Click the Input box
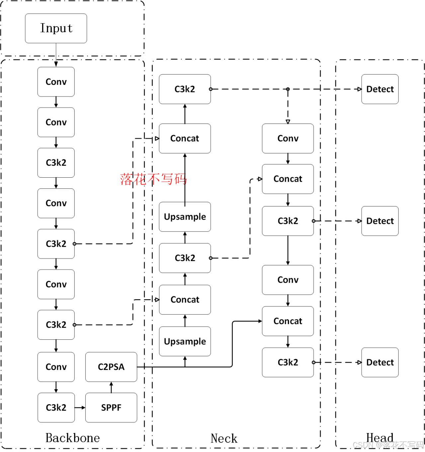point(56,28)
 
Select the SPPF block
point(111,407)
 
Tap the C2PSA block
point(111,367)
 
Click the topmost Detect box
point(380,89)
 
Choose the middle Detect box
point(380,221)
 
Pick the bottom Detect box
point(380,362)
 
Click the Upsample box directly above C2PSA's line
point(185,341)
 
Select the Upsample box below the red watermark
point(185,217)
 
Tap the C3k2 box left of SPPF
point(56,407)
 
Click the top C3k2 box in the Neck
point(185,89)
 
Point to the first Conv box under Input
point(56,82)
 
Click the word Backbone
point(72,438)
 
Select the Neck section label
point(224,438)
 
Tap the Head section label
point(380,437)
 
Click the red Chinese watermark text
point(153,179)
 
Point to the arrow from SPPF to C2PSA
point(111,387)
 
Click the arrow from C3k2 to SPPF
point(80,407)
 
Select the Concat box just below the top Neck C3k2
point(185,138)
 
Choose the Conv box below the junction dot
point(288,138)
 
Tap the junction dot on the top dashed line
point(288,89)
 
